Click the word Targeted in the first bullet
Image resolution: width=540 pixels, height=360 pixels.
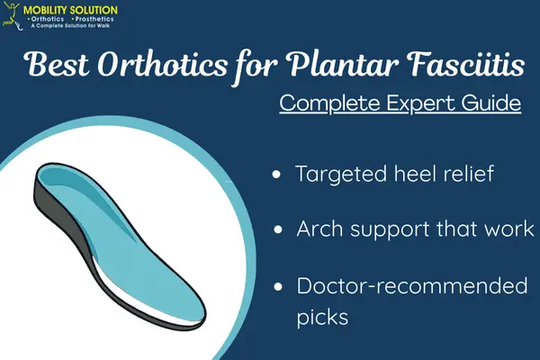click(339, 175)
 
